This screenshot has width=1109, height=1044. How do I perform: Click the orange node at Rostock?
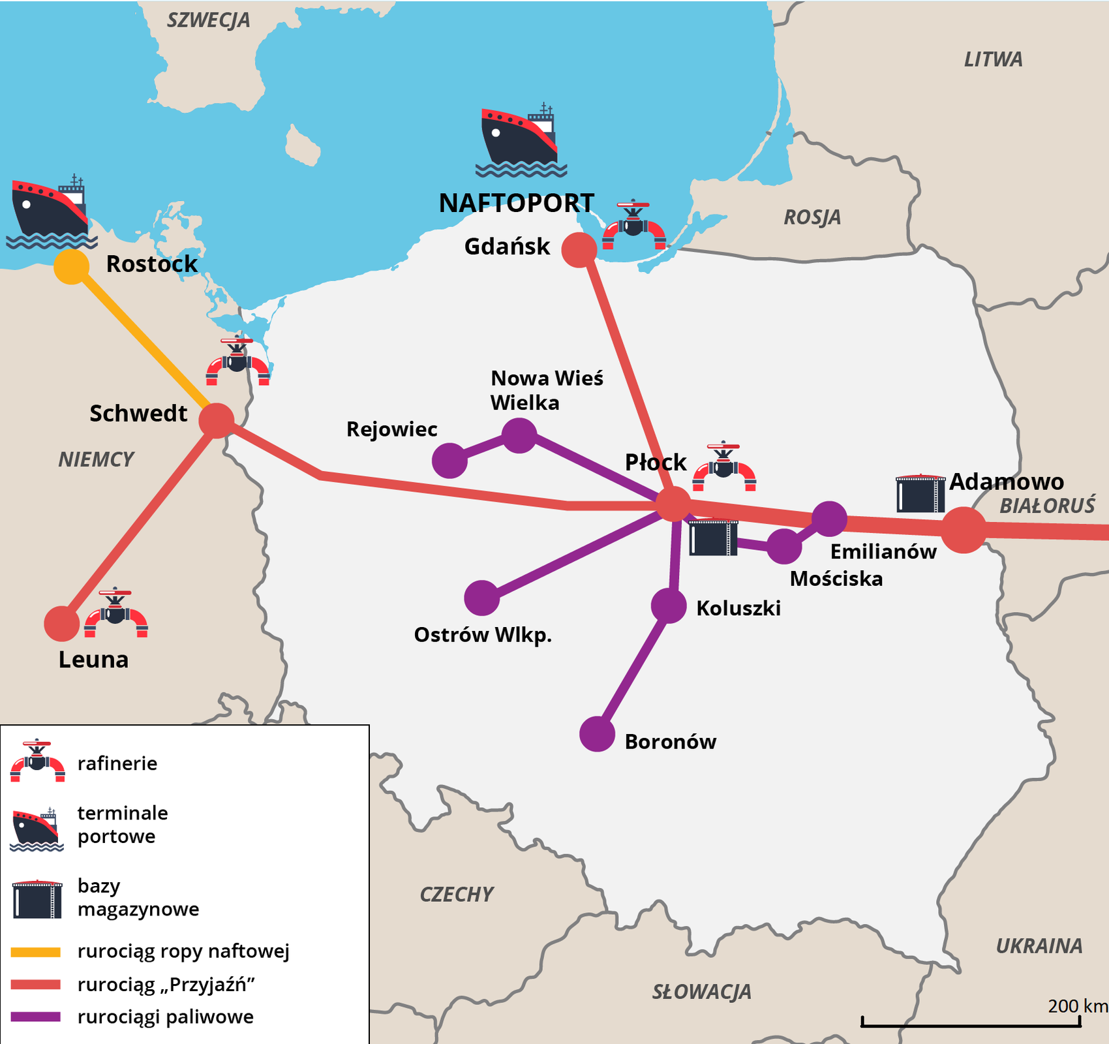click(x=71, y=266)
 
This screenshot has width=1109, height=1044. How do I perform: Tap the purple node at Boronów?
click(x=597, y=733)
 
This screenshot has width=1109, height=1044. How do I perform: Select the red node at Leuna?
click(x=62, y=623)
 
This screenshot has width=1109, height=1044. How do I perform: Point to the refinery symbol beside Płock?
click(x=724, y=468)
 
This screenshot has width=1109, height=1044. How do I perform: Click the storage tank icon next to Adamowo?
click(x=920, y=494)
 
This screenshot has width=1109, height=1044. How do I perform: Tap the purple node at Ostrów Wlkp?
click(x=482, y=598)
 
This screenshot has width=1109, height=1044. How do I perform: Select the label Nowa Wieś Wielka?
click(x=547, y=390)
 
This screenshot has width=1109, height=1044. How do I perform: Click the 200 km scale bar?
click(x=970, y=1023)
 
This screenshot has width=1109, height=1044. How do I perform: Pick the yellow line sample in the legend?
click(x=36, y=952)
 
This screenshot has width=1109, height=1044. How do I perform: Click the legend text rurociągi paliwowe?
click(x=165, y=1017)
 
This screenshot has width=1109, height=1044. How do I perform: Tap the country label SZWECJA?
click(x=208, y=20)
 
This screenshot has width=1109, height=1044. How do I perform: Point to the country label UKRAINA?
click(x=1039, y=945)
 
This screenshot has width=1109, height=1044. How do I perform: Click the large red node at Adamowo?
click(x=964, y=530)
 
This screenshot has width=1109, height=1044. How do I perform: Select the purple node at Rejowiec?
click(x=449, y=460)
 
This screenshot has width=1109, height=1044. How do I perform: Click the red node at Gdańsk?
click(x=579, y=250)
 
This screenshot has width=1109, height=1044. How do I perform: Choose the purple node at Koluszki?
click(x=669, y=606)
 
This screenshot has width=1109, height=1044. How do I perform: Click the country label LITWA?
click(x=993, y=59)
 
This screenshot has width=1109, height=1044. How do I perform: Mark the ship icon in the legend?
click(x=37, y=829)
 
